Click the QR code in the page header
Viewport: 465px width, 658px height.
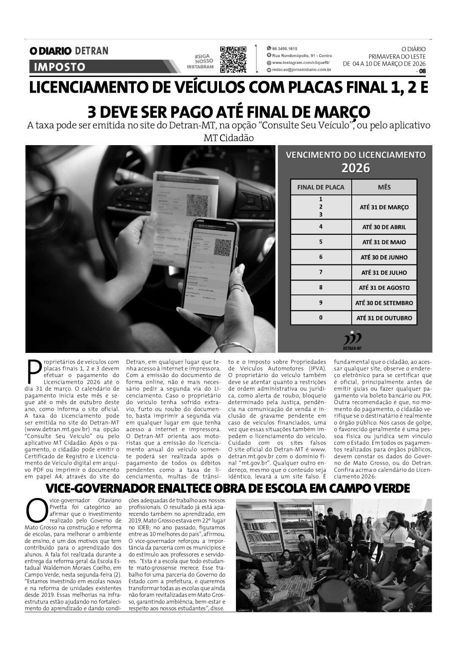pos(233,59)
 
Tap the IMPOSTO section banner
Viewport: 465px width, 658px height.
pos(59,67)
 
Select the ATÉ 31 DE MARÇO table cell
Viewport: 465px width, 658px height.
pos(384,207)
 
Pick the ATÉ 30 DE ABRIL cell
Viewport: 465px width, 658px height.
pos(384,227)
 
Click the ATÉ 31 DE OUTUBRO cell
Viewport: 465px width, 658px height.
pos(384,318)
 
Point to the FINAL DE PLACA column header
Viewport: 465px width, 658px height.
pos(321,187)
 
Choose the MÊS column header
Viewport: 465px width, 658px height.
pos(384,187)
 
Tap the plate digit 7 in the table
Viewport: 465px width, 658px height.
pos(321,272)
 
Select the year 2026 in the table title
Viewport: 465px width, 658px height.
pos(356,168)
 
